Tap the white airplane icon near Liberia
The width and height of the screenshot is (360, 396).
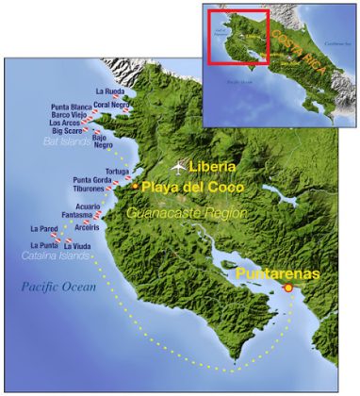click(x=179, y=167)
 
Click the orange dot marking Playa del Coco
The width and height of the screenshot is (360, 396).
click(x=135, y=186)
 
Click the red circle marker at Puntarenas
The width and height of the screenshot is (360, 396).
click(x=287, y=288)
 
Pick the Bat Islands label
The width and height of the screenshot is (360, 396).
click(x=68, y=140)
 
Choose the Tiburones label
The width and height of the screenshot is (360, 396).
click(x=90, y=189)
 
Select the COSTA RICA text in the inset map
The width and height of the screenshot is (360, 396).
click(x=300, y=39)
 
